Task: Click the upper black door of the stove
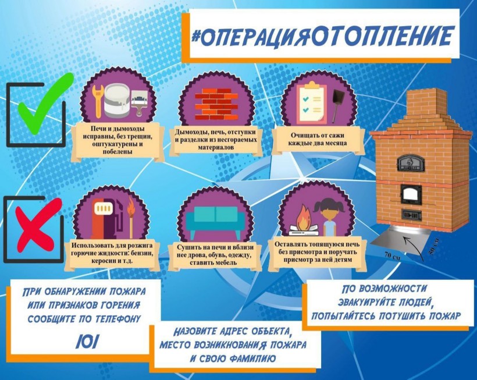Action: pyautogui.click(x=411, y=163)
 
